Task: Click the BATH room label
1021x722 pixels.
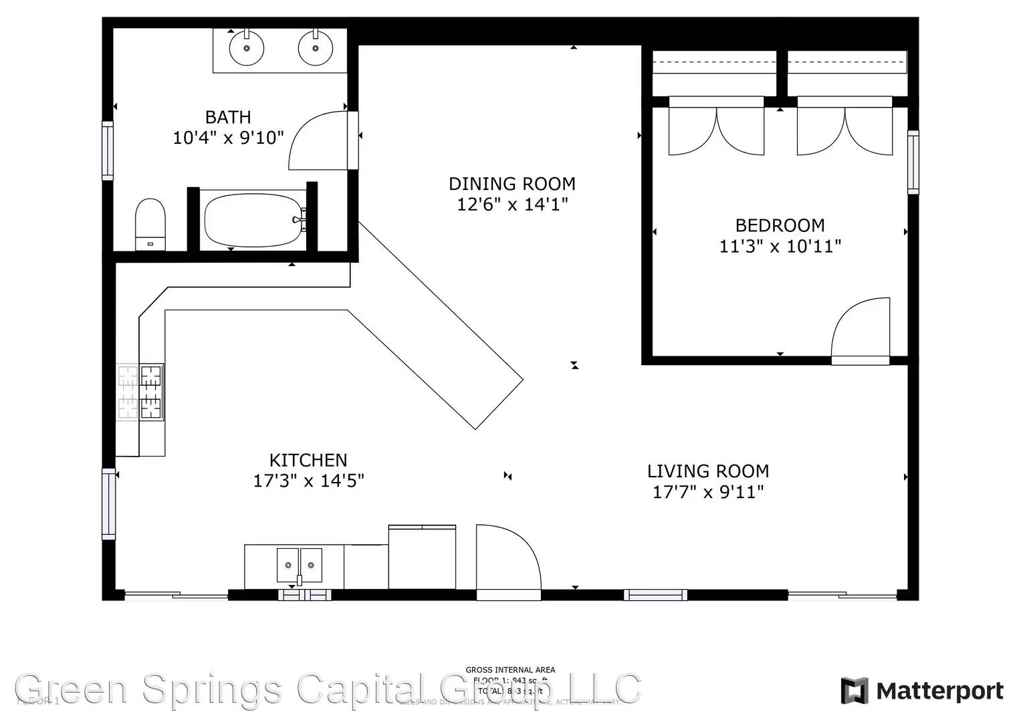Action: tap(228, 117)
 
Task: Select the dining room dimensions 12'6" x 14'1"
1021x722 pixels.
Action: tap(512, 205)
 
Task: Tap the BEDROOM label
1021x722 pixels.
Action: tap(780, 225)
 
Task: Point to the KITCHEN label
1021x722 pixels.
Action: tap(308, 460)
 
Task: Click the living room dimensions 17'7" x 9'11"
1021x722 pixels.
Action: tap(708, 493)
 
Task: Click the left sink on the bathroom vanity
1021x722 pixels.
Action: tap(247, 48)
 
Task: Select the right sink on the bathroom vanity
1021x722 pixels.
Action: tap(316, 48)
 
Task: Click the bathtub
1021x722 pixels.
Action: tap(254, 219)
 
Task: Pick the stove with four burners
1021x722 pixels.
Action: tap(141, 392)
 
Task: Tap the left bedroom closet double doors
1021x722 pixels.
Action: tap(716, 130)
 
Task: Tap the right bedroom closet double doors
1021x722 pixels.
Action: tap(844, 130)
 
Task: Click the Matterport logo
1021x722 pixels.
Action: tap(922, 691)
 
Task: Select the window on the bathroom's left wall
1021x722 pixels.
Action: tap(108, 150)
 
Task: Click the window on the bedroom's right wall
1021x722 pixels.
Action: tap(913, 162)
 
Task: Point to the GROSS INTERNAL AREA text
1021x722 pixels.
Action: tap(510, 669)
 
